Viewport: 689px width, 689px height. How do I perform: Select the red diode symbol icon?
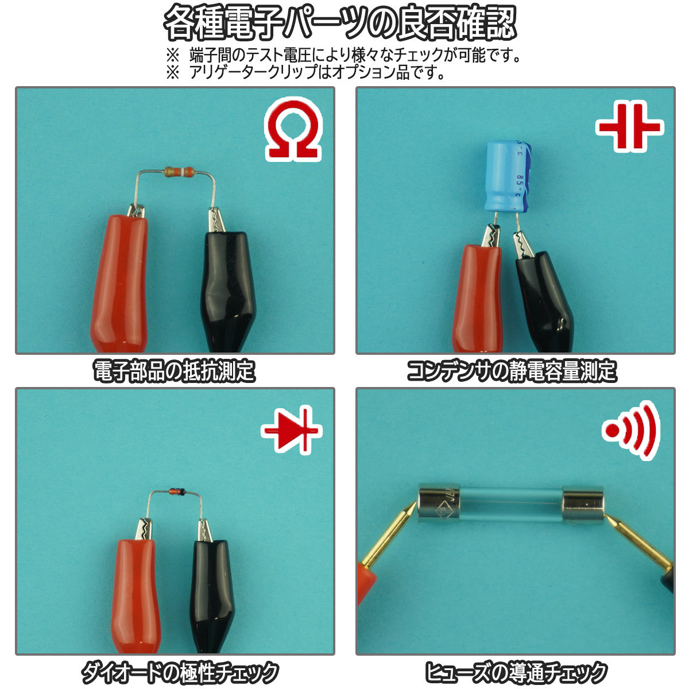[291, 430]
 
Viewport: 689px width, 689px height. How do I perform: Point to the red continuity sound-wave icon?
[631, 430]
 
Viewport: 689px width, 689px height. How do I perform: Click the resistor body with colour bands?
[179, 172]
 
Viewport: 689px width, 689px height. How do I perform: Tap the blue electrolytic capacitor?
[508, 176]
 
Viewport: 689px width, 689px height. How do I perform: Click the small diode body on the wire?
[177, 492]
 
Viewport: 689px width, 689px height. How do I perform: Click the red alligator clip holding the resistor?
[120, 279]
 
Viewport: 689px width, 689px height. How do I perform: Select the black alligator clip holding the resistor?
[229, 282]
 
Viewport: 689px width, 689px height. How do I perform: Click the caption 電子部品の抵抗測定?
[174, 371]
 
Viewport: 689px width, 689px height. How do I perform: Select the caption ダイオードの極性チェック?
[180, 672]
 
